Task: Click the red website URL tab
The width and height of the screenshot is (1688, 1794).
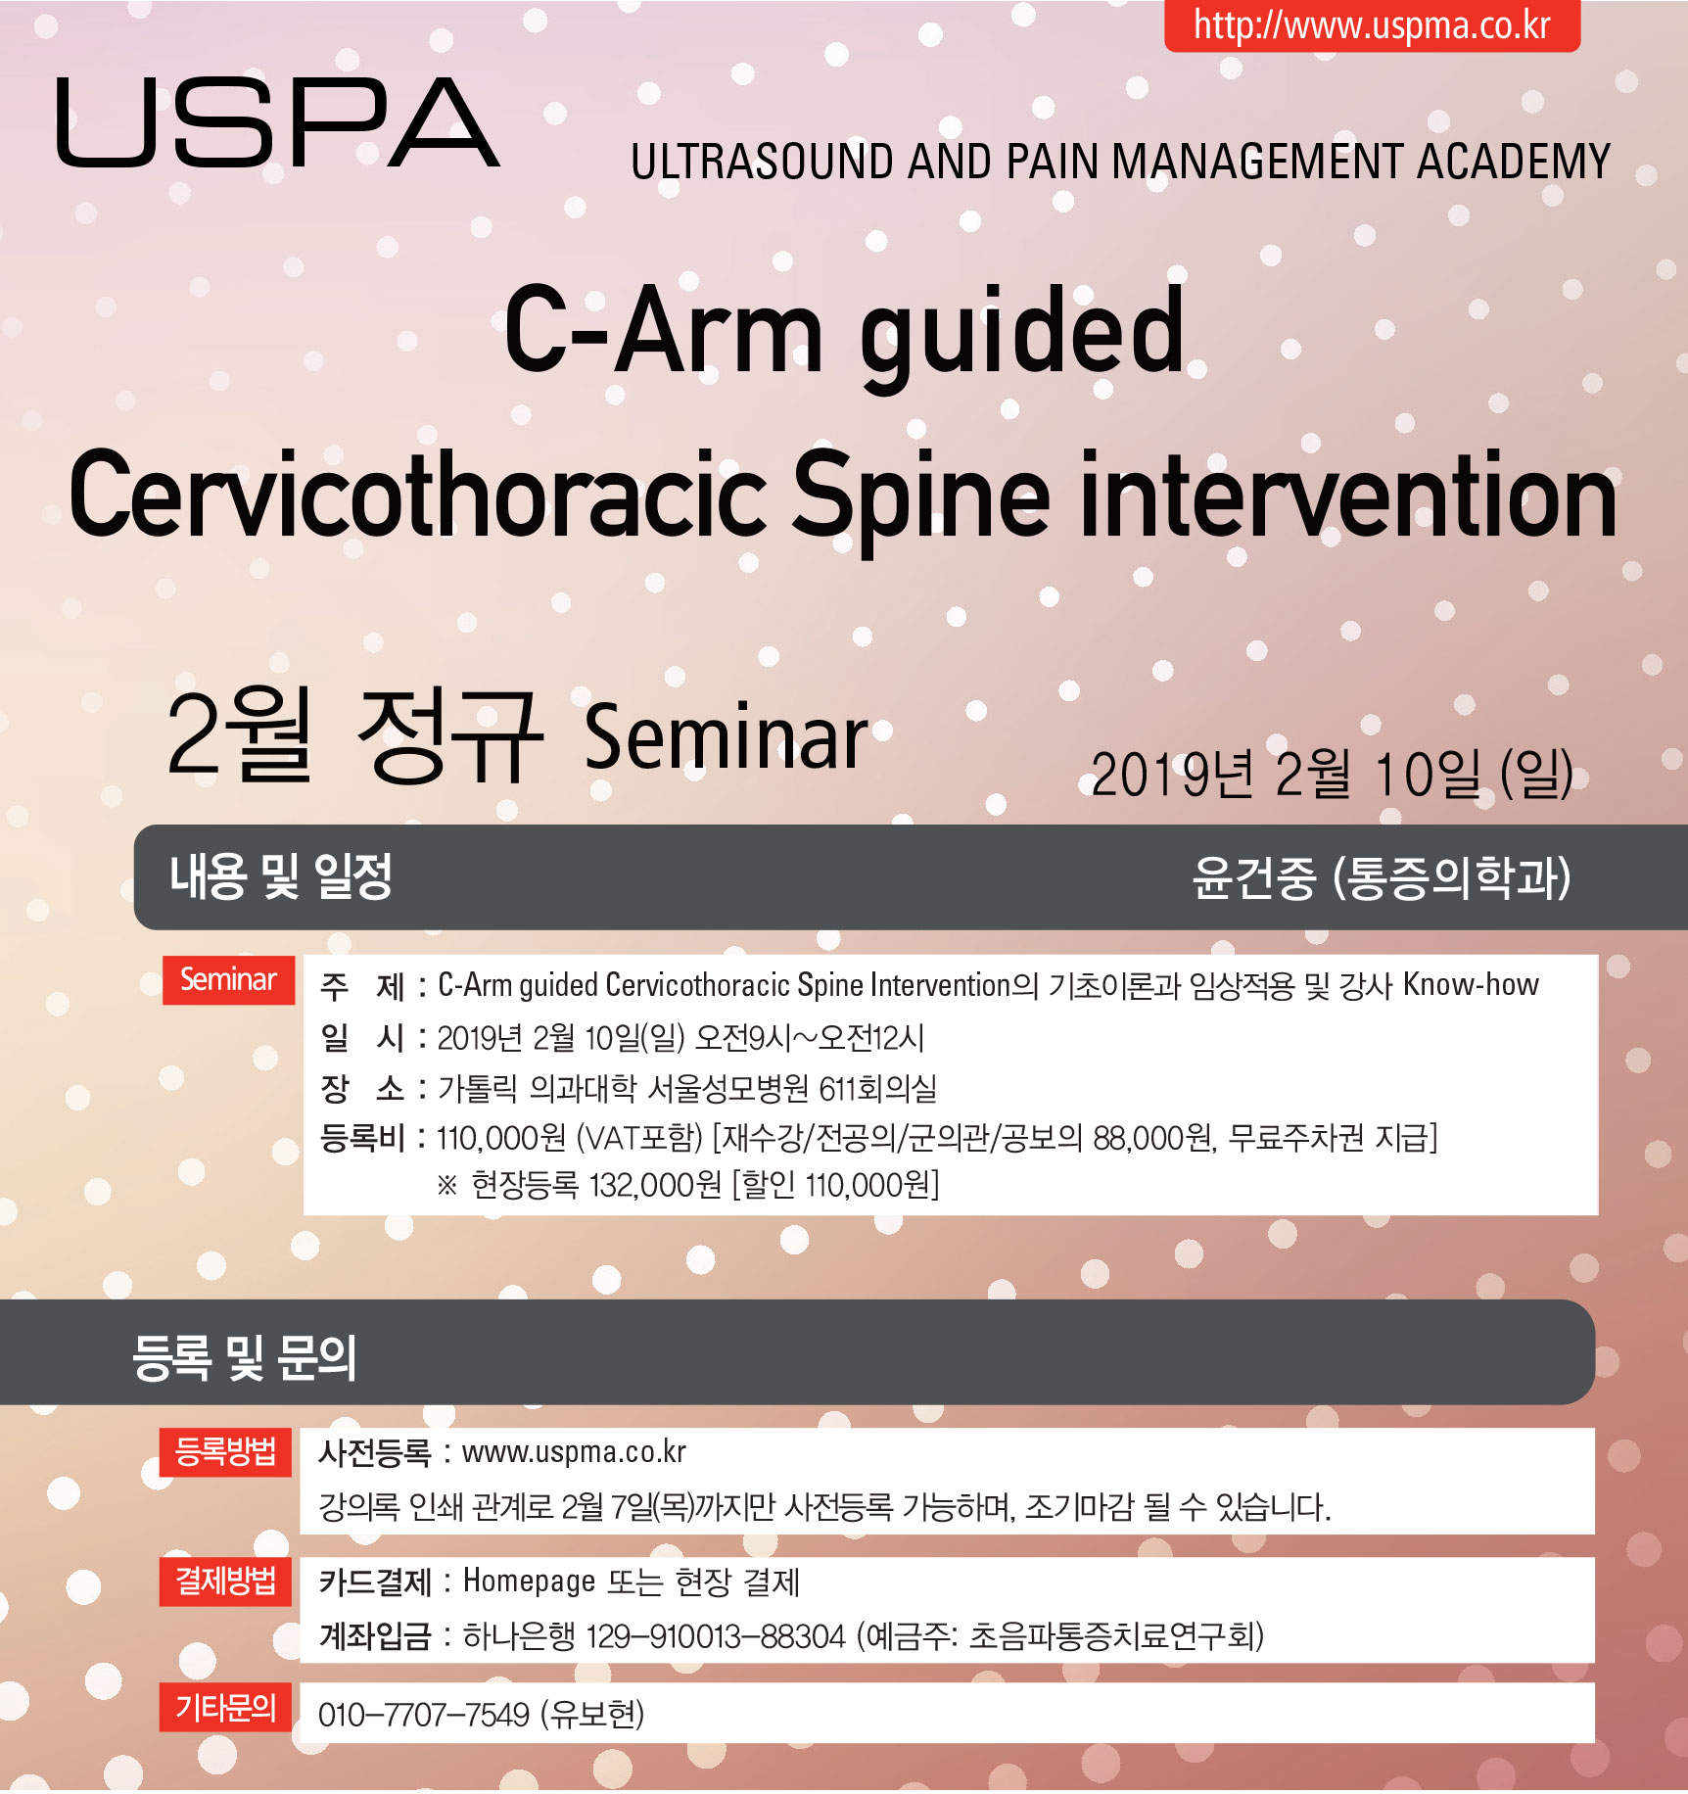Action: coord(1372,25)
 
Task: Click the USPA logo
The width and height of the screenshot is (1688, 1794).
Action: coord(278,122)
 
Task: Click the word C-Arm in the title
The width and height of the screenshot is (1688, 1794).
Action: coord(664,331)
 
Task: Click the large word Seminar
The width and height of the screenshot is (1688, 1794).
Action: coord(726,736)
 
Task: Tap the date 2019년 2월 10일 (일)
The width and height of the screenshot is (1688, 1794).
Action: coord(1332,775)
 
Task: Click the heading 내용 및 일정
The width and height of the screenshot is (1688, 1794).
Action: coord(281,876)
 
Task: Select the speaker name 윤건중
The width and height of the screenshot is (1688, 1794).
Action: coord(1254,877)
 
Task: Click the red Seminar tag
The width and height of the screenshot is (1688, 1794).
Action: coord(229,980)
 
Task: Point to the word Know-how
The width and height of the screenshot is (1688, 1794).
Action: coord(1471,984)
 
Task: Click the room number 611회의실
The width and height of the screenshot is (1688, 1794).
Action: coord(877,1088)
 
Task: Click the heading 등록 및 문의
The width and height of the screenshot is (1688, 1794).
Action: coord(244,1358)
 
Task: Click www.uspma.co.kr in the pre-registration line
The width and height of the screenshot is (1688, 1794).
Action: coord(574,1452)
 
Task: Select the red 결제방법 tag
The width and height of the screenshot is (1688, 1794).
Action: coord(226,1582)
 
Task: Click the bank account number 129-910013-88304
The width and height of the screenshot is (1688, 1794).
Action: coord(716,1636)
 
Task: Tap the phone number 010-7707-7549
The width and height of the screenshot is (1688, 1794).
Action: coord(424,1715)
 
